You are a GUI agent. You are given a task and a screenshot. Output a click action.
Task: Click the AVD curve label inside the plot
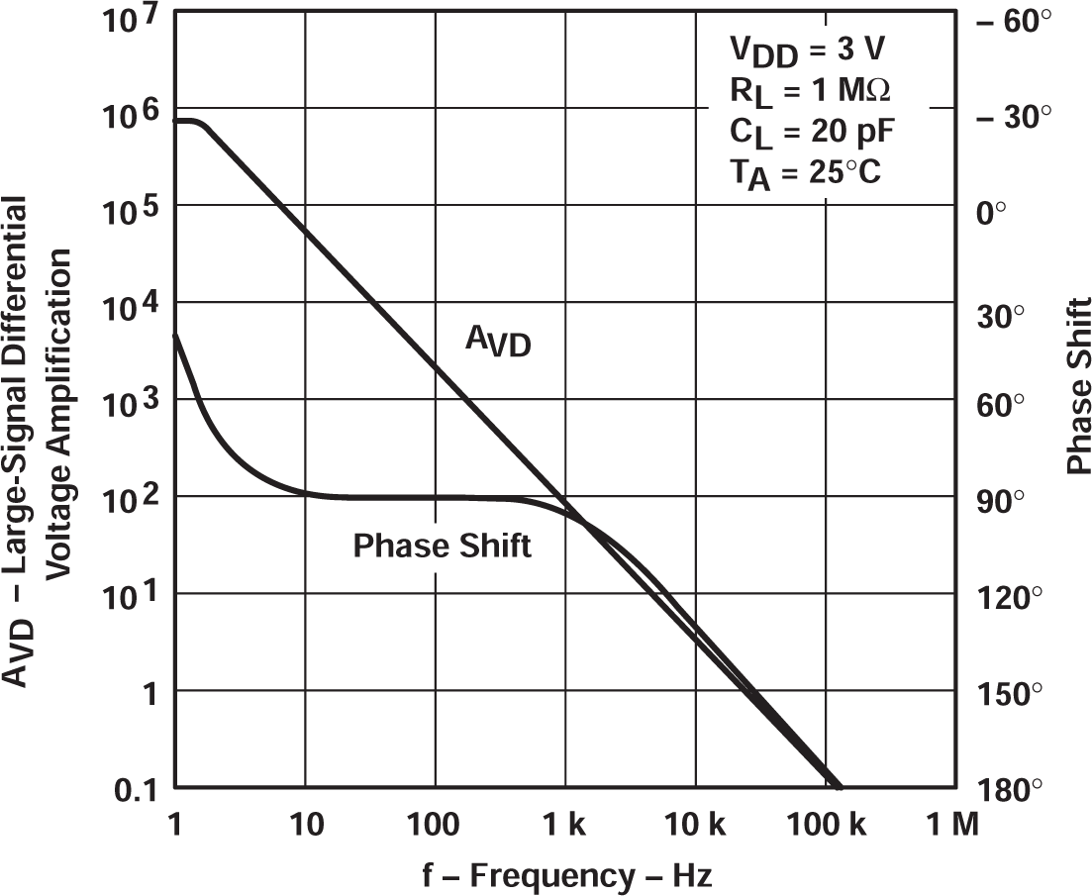[x=498, y=344]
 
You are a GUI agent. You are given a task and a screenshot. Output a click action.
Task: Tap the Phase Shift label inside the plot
[x=442, y=546]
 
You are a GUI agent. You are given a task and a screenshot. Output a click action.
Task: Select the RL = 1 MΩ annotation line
[x=809, y=93]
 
